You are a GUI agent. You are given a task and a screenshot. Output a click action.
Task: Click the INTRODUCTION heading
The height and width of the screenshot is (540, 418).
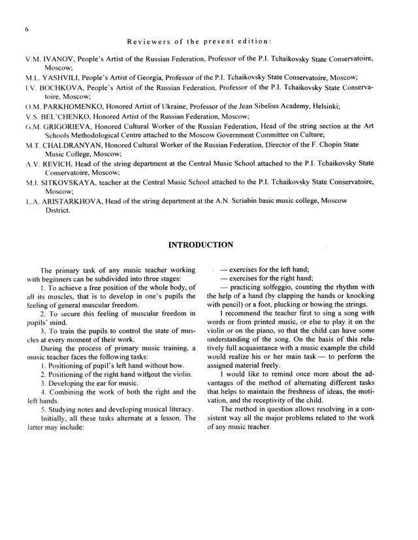[201, 245]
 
